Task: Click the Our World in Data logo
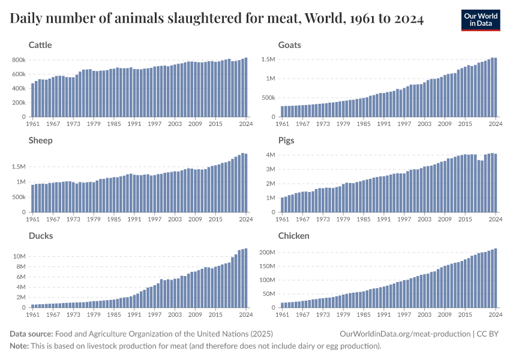click(x=481, y=20)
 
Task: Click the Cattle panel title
click(x=40, y=45)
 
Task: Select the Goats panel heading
click(x=290, y=45)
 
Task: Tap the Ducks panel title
click(x=41, y=236)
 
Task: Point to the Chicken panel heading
click(x=294, y=236)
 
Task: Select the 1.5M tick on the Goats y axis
click(x=268, y=59)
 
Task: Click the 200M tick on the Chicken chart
click(x=266, y=253)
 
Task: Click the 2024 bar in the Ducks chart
click(x=245, y=278)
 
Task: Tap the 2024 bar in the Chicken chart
click(x=495, y=278)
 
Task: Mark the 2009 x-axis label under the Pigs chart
click(x=445, y=220)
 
